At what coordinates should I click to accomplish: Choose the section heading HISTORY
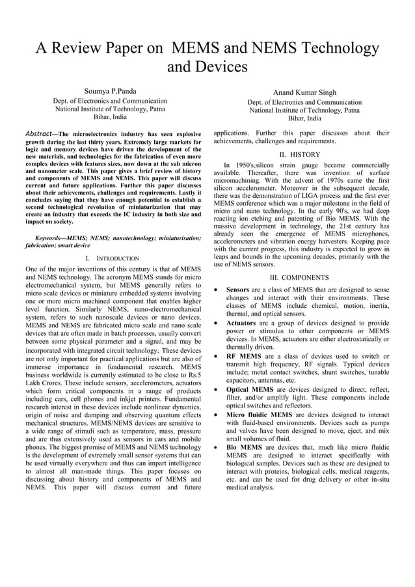coord(304,155)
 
